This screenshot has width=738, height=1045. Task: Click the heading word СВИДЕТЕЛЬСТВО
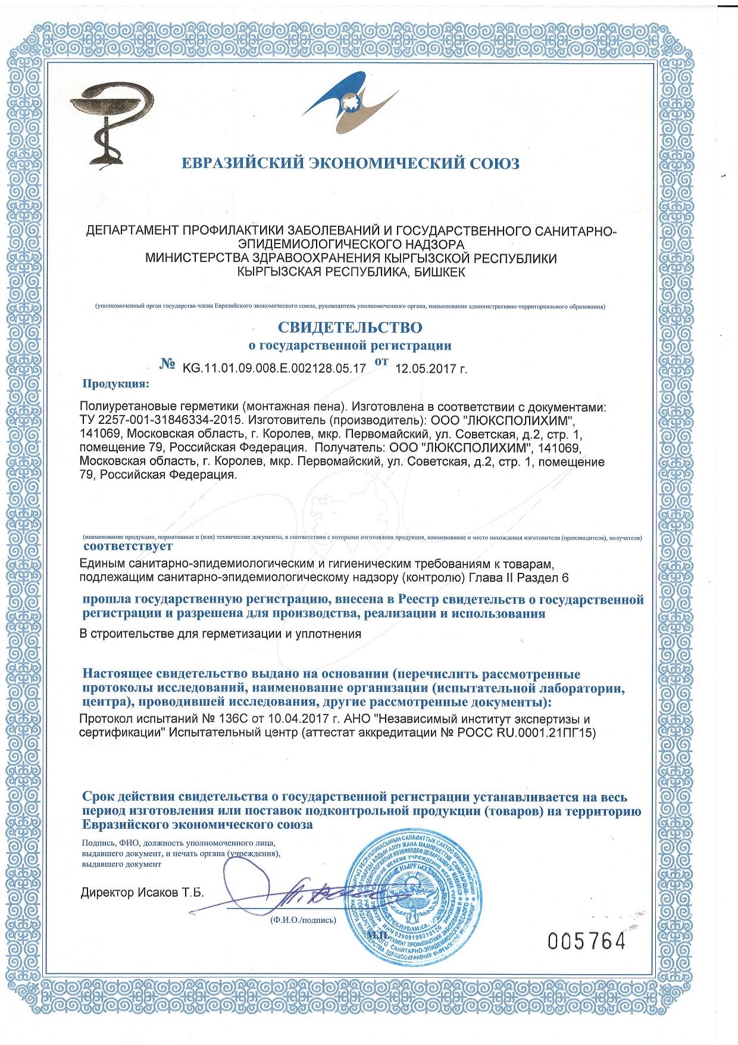click(350, 327)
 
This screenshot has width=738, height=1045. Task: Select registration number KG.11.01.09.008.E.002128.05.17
click(274, 368)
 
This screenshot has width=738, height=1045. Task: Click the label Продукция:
click(116, 383)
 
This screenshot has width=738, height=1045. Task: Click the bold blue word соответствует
click(128, 546)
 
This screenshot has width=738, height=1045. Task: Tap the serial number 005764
click(587, 941)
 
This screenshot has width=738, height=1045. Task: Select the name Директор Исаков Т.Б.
click(142, 893)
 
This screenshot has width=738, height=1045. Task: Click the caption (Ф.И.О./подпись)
click(303, 920)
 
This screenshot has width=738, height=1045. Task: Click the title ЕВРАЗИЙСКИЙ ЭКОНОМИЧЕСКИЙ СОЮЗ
click(350, 163)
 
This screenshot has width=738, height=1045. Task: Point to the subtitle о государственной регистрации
click(350, 345)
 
